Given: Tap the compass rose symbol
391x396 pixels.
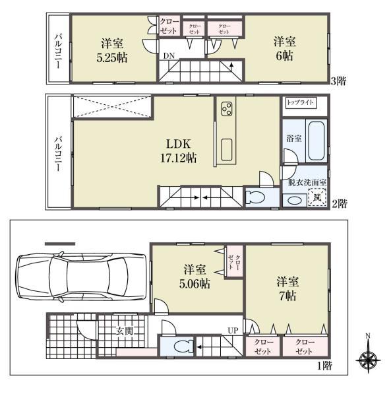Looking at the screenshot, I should point(368,360).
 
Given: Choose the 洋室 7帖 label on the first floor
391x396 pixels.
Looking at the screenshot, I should point(286,288).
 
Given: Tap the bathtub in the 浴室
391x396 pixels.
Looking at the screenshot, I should point(317,141).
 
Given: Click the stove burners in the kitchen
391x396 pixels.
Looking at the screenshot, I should point(227,109).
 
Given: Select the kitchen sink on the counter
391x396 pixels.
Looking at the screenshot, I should point(227,150).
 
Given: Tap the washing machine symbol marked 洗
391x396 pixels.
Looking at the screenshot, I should point(317,197).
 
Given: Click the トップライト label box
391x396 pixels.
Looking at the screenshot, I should point(301,104).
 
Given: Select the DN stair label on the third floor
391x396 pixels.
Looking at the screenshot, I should point(169,56).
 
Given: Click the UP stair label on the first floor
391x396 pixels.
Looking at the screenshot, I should point(233,329).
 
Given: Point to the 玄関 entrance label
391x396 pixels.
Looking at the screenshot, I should point(125,331).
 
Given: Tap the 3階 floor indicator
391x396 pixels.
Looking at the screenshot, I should point(338,81).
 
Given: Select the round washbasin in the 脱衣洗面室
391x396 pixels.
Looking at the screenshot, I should point(292,199).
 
